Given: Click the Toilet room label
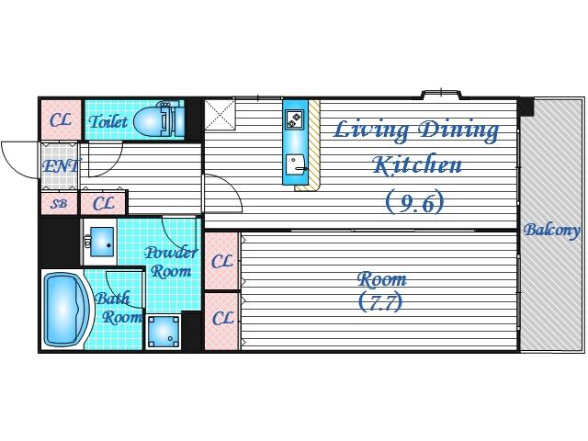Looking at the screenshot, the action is [x=108, y=120].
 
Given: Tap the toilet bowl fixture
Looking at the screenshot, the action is [x=158, y=120].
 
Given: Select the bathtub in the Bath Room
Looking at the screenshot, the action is [x=67, y=311].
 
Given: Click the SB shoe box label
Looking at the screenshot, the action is [x=59, y=204].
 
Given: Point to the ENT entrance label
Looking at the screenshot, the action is [x=62, y=165].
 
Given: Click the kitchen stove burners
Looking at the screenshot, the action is [x=295, y=119].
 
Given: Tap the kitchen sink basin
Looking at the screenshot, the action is [x=296, y=165].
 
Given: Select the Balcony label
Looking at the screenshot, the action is [x=552, y=230].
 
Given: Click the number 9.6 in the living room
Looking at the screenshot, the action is [x=415, y=202].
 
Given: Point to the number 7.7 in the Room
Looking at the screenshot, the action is [x=380, y=302].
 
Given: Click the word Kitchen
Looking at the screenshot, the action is [x=416, y=165].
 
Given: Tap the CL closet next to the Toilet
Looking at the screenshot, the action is [x=61, y=120].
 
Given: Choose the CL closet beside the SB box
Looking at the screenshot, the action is [x=104, y=204].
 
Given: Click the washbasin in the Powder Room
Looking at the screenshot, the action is [x=101, y=242].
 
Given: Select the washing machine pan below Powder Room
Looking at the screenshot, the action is [x=164, y=333].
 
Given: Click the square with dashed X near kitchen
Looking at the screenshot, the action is [x=220, y=114].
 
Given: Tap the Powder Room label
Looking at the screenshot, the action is [x=171, y=262].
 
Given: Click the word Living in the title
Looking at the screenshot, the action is [x=370, y=130].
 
